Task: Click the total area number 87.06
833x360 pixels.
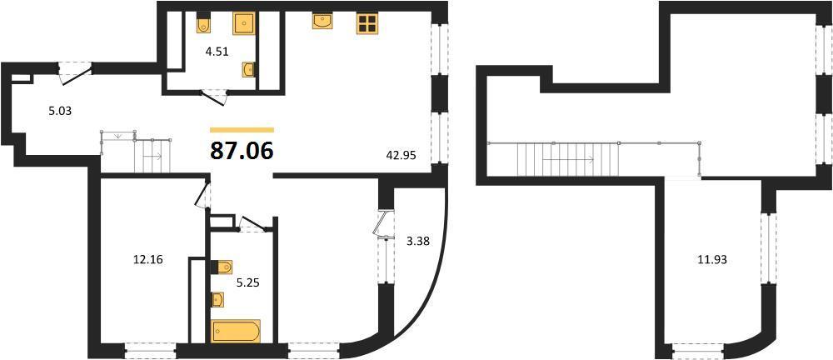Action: click(242, 151)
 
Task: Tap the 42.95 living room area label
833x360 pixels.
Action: click(402, 155)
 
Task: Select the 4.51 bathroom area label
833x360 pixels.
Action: click(217, 52)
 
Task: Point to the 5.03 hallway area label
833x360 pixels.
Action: click(58, 112)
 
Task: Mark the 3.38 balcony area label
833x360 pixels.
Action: click(417, 242)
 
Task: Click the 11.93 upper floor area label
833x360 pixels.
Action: click(712, 260)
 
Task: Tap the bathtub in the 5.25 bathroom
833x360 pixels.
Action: click(237, 331)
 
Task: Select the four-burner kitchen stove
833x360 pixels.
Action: click(367, 22)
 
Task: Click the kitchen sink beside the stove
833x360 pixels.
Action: click(323, 21)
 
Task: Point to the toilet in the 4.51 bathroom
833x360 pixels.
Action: click(203, 23)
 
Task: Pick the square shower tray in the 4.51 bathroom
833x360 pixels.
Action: click(245, 23)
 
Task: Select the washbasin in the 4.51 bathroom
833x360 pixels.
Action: click(248, 70)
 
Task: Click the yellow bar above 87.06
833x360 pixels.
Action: click(242, 130)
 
